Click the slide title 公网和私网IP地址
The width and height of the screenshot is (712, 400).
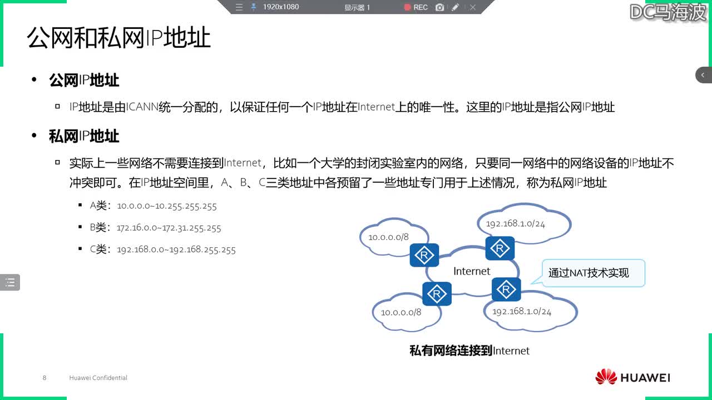point(119,38)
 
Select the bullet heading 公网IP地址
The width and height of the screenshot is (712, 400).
point(84,80)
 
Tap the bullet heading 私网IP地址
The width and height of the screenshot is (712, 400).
point(84,136)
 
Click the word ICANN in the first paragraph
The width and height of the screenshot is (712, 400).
point(142,107)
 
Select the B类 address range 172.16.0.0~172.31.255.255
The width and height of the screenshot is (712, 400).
point(169,228)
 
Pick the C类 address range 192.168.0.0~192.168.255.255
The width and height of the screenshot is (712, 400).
point(176,250)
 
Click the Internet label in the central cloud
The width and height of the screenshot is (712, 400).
point(472,271)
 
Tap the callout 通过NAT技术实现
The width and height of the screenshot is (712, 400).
point(589,273)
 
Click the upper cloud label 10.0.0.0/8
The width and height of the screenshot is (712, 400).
point(388,237)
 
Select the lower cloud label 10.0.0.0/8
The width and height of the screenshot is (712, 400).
point(401,312)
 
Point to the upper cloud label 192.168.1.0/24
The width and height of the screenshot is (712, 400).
point(515,224)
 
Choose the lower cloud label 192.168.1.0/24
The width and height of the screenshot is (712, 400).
point(522,311)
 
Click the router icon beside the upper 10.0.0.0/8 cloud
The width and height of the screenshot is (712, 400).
point(424,256)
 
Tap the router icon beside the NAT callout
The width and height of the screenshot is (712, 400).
point(506,289)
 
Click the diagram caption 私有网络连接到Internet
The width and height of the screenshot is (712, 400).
point(469,351)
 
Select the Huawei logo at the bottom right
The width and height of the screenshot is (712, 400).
point(632,377)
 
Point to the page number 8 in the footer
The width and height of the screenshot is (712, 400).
point(44,378)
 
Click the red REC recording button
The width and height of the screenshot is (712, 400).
point(416,7)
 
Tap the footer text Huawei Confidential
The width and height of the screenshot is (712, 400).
point(98,378)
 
